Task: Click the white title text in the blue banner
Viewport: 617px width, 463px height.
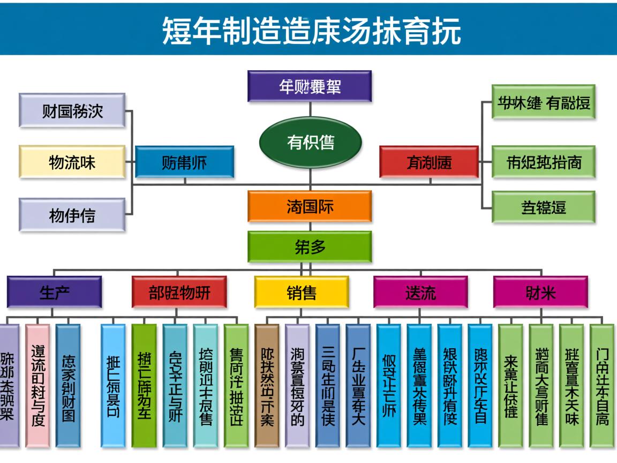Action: [x=311, y=31]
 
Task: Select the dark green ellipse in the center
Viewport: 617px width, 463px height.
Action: [x=310, y=142]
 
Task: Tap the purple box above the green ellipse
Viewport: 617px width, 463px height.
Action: [x=310, y=86]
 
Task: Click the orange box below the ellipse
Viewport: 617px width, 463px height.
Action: [x=310, y=206]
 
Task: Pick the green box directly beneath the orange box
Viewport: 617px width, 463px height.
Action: [x=310, y=247]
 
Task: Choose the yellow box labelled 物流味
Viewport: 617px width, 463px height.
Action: [x=72, y=161]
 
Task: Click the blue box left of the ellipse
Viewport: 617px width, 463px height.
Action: [x=184, y=162]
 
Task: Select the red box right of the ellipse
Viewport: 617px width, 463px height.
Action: [x=428, y=162]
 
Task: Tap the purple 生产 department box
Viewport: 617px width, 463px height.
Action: [x=54, y=292]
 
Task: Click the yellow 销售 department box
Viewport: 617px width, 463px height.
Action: [x=302, y=292]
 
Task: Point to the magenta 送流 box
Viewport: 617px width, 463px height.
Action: [x=420, y=292]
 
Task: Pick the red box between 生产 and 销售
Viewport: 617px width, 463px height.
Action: [x=179, y=292]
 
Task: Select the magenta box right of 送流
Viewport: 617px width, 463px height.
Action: [x=540, y=292]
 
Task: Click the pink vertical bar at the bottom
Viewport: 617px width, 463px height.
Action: [x=37, y=385]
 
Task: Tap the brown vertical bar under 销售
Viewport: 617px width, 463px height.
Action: [x=267, y=385]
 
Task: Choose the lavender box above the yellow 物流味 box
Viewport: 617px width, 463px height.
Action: [x=72, y=110]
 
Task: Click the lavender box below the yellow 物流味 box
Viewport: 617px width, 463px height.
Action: [x=72, y=214]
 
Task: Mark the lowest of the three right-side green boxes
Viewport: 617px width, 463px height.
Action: [x=544, y=206]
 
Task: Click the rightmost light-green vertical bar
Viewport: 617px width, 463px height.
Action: [x=602, y=385]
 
